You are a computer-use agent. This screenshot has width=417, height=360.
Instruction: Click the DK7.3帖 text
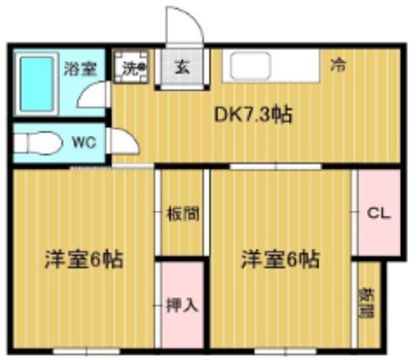[252, 115]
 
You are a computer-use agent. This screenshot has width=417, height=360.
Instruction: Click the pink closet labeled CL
[378, 214]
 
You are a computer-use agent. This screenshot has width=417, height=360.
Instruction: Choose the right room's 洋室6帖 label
[279, 259]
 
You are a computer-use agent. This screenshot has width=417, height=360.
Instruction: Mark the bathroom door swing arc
[92, 95]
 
